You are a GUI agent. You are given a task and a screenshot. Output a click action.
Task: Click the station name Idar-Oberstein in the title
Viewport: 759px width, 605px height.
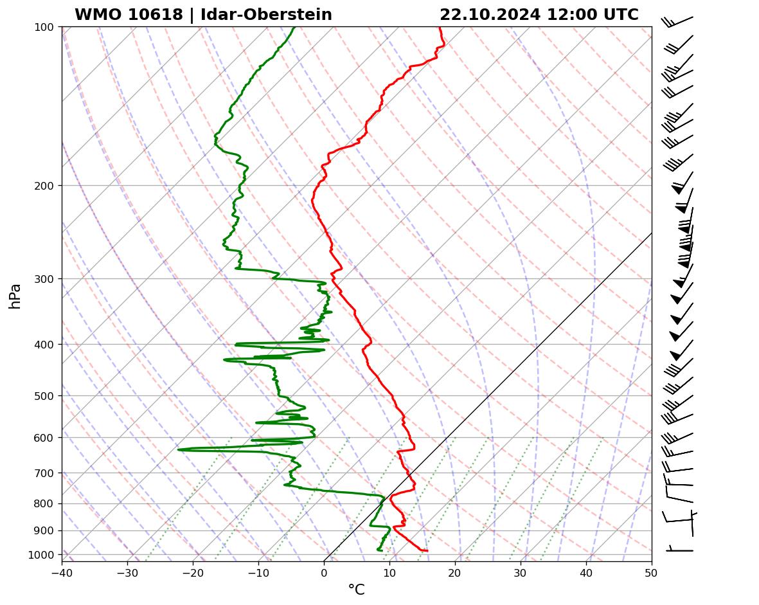pyautogui.click(x=266, y=15)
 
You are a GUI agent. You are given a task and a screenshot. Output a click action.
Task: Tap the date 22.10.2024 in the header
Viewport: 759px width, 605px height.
pyautogui.click(x=490, y=15)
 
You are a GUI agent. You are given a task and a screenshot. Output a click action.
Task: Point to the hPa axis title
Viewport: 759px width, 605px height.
pyautogui.click(x=15, y=296)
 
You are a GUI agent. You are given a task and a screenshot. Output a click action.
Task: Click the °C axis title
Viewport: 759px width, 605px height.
pyautogui.click(x=356, y=590)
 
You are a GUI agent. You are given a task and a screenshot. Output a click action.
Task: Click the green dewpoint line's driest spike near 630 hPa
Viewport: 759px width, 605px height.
pyautogui.click(x=179, y=449)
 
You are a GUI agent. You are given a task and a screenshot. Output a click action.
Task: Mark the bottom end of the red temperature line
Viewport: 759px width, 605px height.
pyautogui.click(x=427, y=550)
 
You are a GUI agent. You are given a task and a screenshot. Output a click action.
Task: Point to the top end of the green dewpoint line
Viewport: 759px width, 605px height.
pyautogui.click(x=294, y=27)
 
